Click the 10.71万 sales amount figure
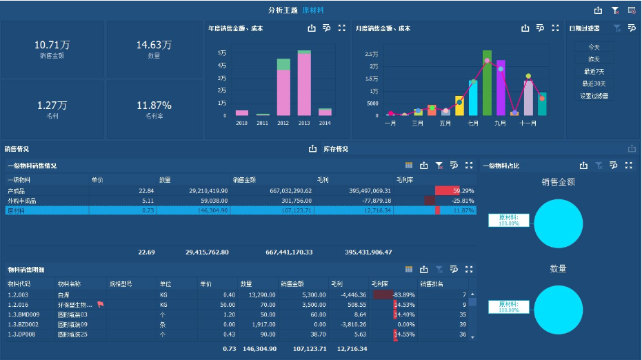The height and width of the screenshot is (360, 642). [x=52, y=45]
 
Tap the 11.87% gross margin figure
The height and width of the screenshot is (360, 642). [x=154, y=106]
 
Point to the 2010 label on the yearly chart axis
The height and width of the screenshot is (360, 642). [x=241, y=123]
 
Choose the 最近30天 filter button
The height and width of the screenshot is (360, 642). [x=594, y=83]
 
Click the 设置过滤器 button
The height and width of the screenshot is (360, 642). [x=594, y=96]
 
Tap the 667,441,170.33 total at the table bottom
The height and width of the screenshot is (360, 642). [x=289, y=252]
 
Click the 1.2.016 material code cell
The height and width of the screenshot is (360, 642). [x=17, y=304]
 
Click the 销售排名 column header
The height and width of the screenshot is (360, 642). [x=432, y=283]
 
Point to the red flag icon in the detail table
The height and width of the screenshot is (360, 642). [x=101, y=304]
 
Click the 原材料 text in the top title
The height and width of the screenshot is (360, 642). [x=313, y=10]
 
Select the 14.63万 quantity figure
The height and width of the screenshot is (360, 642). [x=154, y=45]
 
